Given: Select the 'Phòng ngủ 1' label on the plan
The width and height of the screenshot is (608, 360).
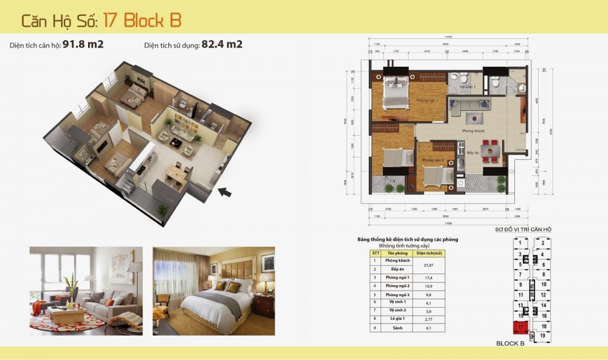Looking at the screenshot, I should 427,100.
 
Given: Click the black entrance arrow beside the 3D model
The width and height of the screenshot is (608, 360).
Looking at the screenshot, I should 224,193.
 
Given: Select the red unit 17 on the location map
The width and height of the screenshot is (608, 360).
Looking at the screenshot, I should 521,327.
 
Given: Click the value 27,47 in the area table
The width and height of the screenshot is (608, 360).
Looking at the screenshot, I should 429,265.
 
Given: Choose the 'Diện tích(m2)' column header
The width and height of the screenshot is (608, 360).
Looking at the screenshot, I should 429,253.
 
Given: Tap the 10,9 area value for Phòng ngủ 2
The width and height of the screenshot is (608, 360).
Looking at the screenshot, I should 429,285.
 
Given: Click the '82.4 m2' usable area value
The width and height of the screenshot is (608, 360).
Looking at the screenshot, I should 222,44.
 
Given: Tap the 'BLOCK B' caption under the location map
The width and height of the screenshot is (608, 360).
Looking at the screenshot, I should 510,344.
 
